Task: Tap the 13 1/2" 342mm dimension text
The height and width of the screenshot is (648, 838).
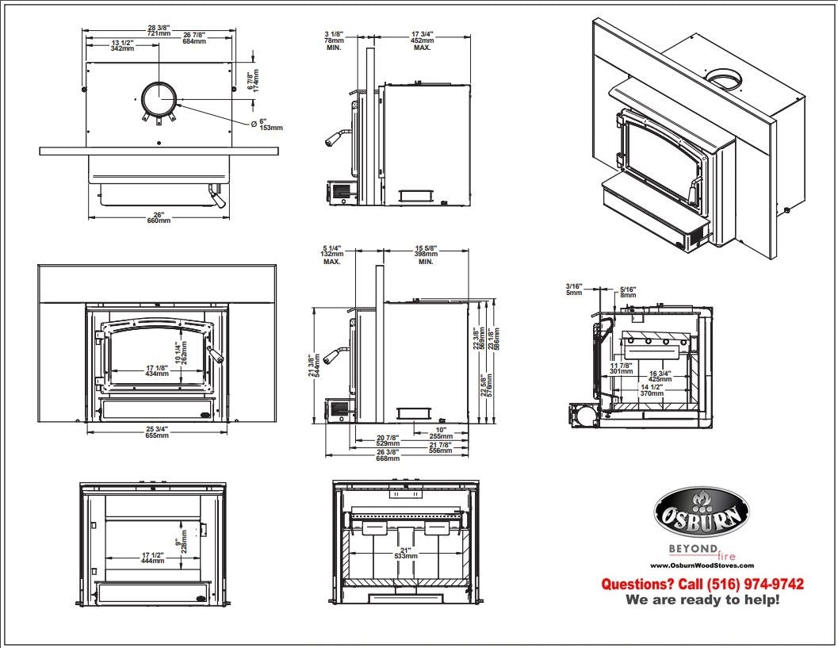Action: click(x=121, y=45)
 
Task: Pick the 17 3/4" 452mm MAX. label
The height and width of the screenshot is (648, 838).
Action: click(x=421, y=40)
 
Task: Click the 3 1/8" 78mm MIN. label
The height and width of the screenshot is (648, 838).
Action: click(x=333, y=40)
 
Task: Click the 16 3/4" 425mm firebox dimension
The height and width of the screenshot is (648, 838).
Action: click(x=660, y=376)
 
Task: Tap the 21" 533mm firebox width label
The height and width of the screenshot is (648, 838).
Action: click(x=405, y=553)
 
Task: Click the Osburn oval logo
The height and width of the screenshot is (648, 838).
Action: click(x=700, y=513)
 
